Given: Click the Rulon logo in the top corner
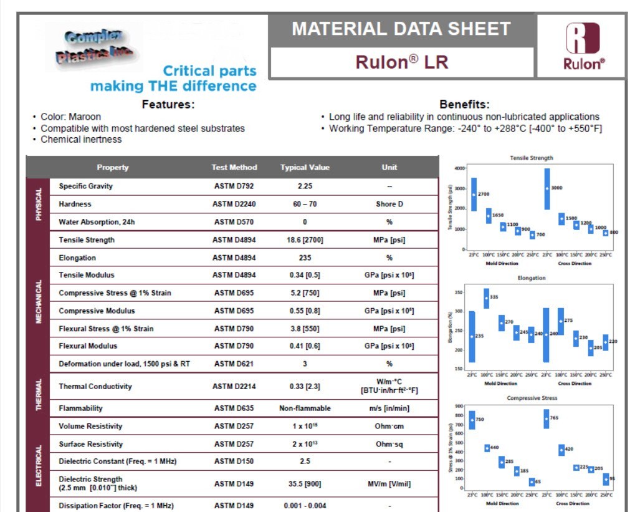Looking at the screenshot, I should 583,46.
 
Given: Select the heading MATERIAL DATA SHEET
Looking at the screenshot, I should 401,29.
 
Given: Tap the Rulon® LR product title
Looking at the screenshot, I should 401,62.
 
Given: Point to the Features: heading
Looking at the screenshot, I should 168,104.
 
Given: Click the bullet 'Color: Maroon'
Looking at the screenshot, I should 70,117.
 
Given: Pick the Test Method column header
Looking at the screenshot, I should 234,167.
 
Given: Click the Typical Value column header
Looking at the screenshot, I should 305,167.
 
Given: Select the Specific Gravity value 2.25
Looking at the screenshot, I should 305,186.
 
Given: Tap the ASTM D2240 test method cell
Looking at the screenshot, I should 234,204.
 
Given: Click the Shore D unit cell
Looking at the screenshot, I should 389,204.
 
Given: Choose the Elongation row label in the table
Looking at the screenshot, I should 77,258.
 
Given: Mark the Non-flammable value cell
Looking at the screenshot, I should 305,408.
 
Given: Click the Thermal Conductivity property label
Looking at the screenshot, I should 95,386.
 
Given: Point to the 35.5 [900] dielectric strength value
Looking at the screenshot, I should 305,483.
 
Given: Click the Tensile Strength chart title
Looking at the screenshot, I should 531,158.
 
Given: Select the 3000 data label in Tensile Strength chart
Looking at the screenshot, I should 557,187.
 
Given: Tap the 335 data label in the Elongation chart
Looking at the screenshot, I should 494,297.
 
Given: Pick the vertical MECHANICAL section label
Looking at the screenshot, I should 38,301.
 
